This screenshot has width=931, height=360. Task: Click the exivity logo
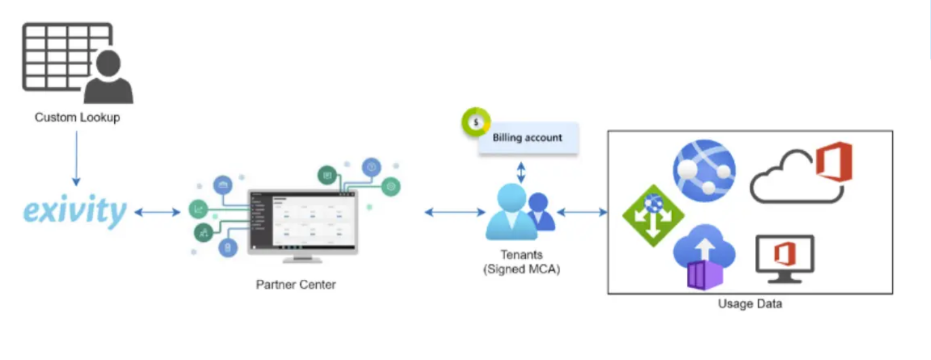pos(75,211)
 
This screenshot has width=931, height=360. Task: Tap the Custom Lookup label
pos(77,118)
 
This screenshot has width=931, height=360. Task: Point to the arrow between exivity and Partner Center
pos(157,213)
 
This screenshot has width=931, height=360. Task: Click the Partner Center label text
pos(296,285)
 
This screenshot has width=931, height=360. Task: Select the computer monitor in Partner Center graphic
pos(302,222)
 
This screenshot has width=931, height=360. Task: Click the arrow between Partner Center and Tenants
pos(455,213)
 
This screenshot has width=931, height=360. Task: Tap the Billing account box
pos(527,138)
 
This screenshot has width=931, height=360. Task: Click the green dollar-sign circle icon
pos(476,122)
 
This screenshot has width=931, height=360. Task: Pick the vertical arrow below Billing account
pos(521,171)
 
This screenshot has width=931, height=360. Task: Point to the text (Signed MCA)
pos(522,269)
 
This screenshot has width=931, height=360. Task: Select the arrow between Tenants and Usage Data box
pos(582,213)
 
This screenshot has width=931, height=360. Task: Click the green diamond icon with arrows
pos(652,215)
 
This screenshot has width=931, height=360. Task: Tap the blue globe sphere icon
pos(704,170)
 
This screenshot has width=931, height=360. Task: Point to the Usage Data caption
pos(750,304)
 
